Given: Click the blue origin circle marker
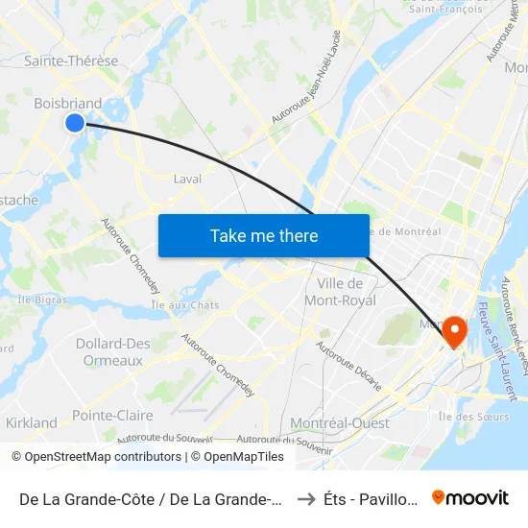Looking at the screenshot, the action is (75, 122).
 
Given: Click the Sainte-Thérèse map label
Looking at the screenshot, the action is (71, 60).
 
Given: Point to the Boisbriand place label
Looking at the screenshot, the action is (67, 103).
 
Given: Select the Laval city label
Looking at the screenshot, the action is (187, 179).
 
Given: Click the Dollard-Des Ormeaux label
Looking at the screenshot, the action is (113, 351).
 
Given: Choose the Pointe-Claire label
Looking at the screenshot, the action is (112, 416).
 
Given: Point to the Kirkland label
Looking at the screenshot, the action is (31, 422).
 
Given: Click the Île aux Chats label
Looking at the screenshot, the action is (185, 305).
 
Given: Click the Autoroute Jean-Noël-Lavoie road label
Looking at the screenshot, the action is (306, 90).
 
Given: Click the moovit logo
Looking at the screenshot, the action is (470, 497).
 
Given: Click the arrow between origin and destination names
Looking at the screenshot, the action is (305, 498).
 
